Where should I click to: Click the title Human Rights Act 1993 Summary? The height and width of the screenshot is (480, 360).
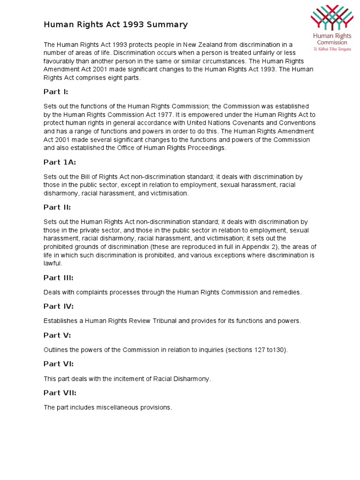[115, 25]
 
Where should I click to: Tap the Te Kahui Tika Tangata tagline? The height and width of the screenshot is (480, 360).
[332, 48]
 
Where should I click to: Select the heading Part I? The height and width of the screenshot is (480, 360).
[56, 92]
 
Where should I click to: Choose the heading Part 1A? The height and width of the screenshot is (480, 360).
[60, 162]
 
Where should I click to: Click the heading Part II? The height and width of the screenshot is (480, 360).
[57, 207]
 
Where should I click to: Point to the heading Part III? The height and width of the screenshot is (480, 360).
[58, 277]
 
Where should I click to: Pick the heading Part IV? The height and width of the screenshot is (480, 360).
[58, 306]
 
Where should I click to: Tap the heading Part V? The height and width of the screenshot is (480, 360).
[57, 335]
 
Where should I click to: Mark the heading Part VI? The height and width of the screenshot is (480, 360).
[58, 364]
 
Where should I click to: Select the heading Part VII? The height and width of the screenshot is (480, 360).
[60, 393]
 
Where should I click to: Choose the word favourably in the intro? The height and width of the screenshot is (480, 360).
[61, 61]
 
